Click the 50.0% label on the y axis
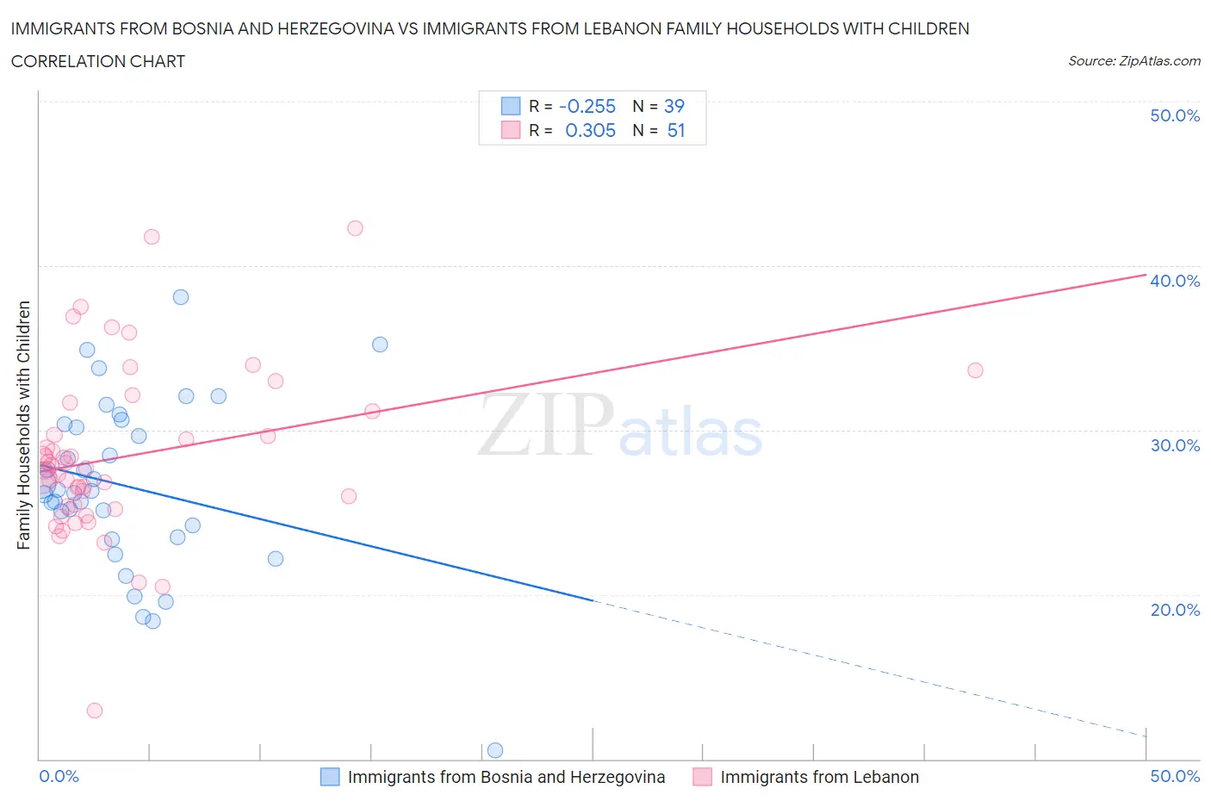pos(1174,115)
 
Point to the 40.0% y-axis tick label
pos(1174,281)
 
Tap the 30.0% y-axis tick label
pos(1174,445)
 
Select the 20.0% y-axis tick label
pos(1174,610)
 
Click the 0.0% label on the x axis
pos(59,776)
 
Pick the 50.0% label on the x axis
pos(1174,776)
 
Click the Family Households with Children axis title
pos(23,425)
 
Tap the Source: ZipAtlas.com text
pos(1133,61)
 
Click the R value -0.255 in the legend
pos(587,106)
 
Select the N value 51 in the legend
pos(675,130)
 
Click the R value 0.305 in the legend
pos(590,130)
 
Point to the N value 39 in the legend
pos(674,106)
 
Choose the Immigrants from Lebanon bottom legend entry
pos(818,777)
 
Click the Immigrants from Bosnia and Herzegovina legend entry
pos(506,777)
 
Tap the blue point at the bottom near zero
pos(494,750)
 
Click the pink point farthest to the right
pos(975,370)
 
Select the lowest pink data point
pos(95,711)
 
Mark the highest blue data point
pos(181,297)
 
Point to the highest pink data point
pos(355,228)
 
